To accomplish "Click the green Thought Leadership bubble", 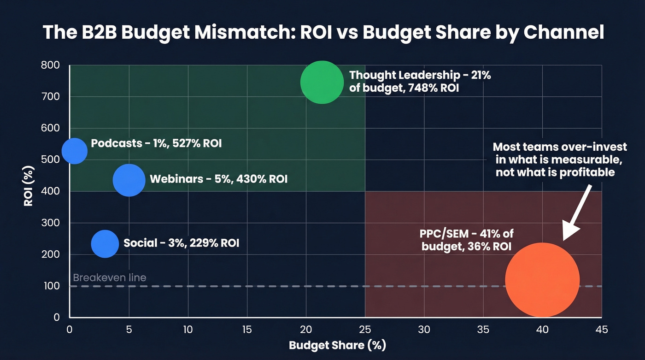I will pyautogui.click(x=322, y=82).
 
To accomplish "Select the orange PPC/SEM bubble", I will pyautogui.click(x=542, y=280).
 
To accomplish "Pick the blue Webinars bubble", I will pyautogui.click(x=129, y=180).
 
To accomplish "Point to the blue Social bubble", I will pyautogui.click(x=105, y=244).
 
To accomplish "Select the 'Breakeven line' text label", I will pyautogui.click(x=110, y=277).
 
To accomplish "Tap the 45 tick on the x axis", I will pyautogui.click(x=601, y=330).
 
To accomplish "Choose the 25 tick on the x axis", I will pyautogui.click(x=365, y=330).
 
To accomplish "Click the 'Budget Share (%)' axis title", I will pyautogui.click(x=337, y=345).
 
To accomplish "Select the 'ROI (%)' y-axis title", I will pyautogui.click(x=29, y=191).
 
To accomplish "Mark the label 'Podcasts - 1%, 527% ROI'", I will pyautogui.click(x=156, y=143).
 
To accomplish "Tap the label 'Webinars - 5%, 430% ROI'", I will pyautogui.click(x=218, y=179).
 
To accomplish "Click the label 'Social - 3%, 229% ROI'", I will pyautogui.click(x=181, y=243).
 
